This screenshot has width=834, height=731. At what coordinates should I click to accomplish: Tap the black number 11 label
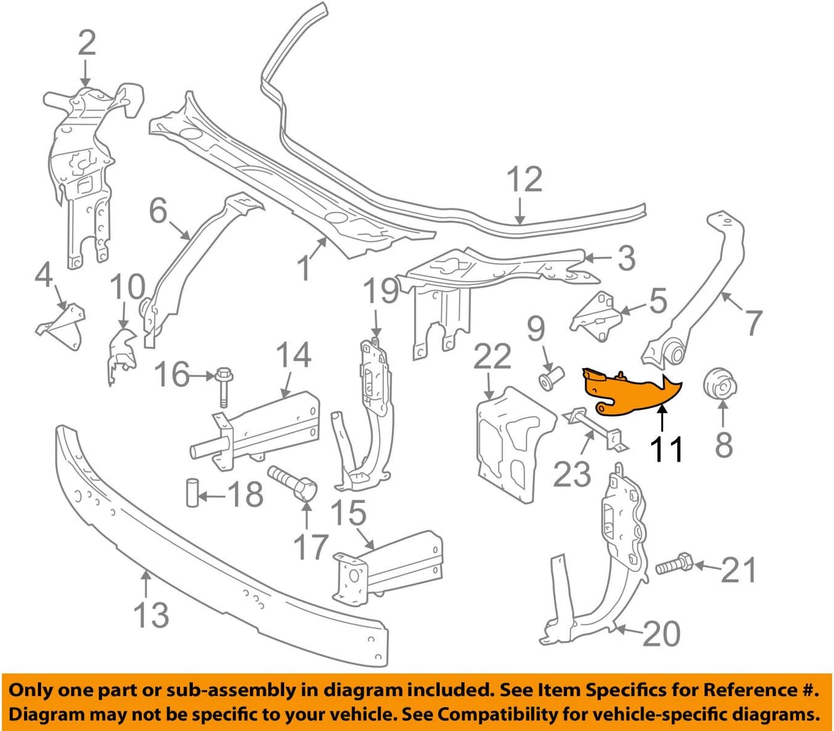[x=666, y=450]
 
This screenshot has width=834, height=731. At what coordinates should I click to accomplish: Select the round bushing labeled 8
[x=721, y=386]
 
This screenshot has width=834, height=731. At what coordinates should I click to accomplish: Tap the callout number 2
[x=86, y=43]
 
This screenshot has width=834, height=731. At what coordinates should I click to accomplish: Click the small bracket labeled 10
[x=121, y=355]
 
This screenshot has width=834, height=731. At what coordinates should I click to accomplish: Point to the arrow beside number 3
[x=598, y=258]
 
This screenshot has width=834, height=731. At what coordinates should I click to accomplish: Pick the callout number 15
[x=348, y=513]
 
